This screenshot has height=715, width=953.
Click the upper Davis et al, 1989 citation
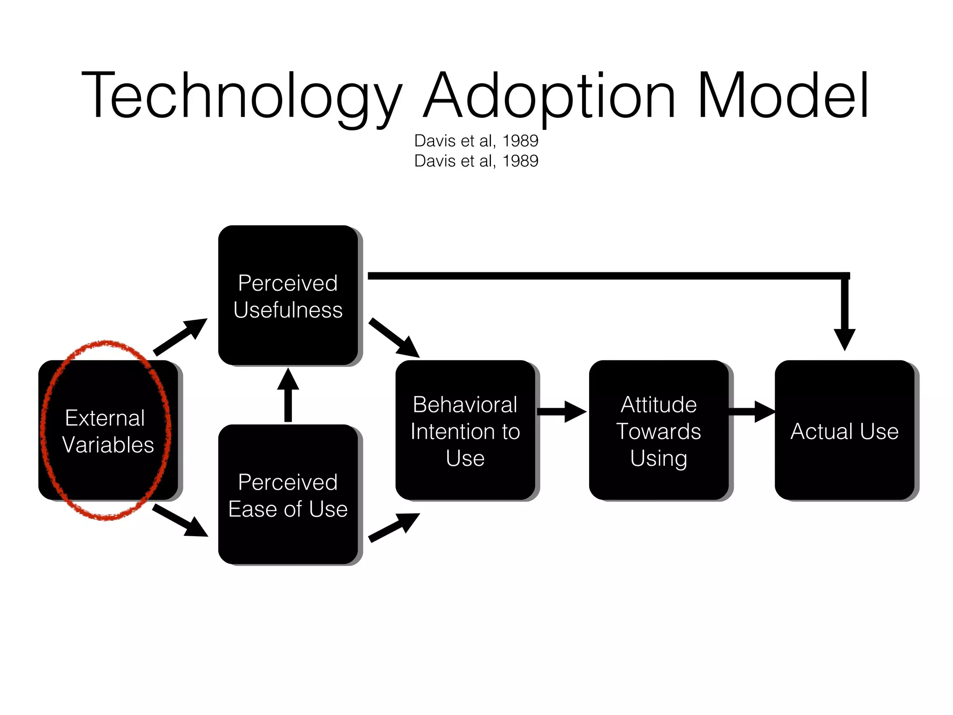[476, 141]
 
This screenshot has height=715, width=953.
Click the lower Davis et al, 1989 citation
[476, 161]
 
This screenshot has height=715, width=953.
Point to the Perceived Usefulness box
[288, 296]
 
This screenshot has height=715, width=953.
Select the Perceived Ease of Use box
[288, 495]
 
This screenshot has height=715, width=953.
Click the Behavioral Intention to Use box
[465, 431]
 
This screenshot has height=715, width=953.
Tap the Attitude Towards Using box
[658, 431]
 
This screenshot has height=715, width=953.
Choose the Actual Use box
[844, 431]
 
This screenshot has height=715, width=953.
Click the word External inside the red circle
[105, 418]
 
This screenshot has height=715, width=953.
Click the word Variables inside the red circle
[108, 445]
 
